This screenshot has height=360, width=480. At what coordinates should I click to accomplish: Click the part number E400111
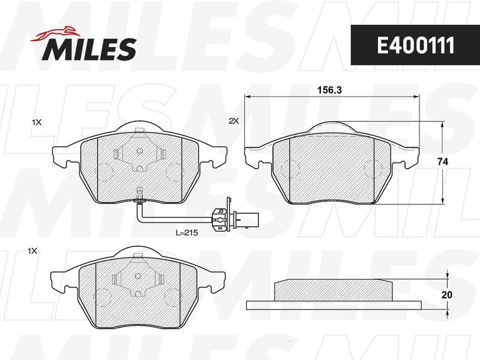pos(415,46)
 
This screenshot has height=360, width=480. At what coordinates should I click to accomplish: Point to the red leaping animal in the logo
pos(54,35)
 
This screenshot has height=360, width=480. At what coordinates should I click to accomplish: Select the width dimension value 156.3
pos(329,90)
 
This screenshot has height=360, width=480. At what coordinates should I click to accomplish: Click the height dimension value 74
pos(443,162)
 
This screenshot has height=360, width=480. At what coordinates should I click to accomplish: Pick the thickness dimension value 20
pos(447,295)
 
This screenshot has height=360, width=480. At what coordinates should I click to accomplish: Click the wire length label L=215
pos(187,233)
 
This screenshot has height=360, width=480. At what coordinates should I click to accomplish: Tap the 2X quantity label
pos(234,121)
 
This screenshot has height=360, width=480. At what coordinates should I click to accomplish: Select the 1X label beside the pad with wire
pos(37,122)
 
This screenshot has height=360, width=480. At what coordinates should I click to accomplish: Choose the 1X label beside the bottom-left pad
pos(32,251)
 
